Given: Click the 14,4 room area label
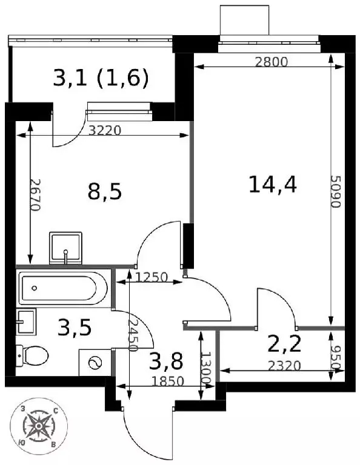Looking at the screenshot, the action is point(273,185).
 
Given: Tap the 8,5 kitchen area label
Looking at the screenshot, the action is point(105,191).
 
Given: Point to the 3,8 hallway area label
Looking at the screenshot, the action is point(166,361).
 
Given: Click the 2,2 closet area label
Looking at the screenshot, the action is point(284,344).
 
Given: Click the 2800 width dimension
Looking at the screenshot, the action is point(272,62).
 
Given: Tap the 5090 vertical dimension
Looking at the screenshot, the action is point(336,191).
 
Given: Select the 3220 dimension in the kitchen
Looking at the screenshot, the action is point(105,131).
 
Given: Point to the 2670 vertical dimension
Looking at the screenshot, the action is point(35,195).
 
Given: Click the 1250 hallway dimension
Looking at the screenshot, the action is point(152,277).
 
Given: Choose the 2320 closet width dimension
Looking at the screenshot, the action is point(284,366).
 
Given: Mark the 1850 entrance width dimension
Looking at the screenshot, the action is point(168,381).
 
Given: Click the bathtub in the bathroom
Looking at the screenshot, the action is point(63,288).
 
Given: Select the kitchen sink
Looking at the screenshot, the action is point(65,248).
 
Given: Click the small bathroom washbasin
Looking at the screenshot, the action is point(26,322).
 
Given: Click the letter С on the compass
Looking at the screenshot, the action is point(55,411).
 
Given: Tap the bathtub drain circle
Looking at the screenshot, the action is point(35,288).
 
